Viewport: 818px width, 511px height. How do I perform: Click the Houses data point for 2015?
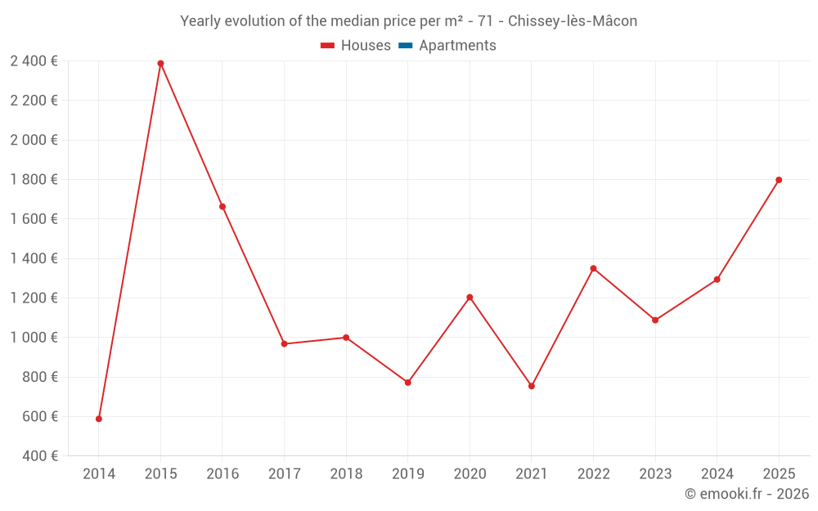(x=160, y=63)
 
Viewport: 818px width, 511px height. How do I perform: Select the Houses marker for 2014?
(x=99, y=419)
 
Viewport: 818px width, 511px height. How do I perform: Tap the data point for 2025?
(x=779, y=180)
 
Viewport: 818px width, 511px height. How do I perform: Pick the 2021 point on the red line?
(x=532, y=386)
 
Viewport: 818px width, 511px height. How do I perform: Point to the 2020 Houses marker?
(x=470, y=297)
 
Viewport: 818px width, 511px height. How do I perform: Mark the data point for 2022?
(x=593, y=268)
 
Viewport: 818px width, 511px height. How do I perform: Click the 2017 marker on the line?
(x=284, y=343)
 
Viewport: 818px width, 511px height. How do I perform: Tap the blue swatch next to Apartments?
(x=405, y=46)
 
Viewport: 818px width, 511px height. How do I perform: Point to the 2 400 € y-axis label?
(x=34, y=61)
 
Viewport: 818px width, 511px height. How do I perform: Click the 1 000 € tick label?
(x=34, y=337)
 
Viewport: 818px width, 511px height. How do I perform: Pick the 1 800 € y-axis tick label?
(x=34, y=179)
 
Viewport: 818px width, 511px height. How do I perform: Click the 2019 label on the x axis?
(x=407, y=473)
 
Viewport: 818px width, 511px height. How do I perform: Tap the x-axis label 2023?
(x=654, y=473)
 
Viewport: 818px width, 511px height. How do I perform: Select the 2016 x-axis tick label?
(x=222, y=473)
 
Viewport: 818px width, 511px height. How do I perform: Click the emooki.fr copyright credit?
(x=747, y=494)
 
